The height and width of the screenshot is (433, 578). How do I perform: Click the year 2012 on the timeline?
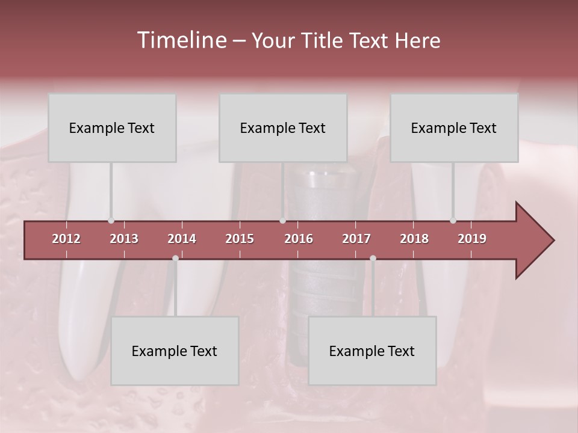click(x=66, y=239)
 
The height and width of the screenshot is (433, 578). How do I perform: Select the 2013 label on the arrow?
click(x=124, y=239)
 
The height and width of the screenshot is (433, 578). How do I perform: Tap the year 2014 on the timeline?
click(x=182, y=239)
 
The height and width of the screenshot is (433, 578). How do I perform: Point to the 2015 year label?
click(x=240, y=239)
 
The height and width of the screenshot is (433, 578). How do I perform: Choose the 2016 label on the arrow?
click(x=299, y=239)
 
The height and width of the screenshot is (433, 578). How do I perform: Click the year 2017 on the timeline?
click(x=356, y=239)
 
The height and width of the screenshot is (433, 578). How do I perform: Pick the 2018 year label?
click(x=414, y=239)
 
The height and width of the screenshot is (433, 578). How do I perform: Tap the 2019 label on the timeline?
click(x=472, y=239)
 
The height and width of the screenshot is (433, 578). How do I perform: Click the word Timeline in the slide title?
click(x=181, y=40)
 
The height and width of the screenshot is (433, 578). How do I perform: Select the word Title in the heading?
click(x=325, y=41)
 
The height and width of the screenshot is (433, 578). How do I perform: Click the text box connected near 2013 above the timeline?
click(x=112, y=128)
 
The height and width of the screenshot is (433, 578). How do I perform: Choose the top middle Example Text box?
click(x=283, y=128)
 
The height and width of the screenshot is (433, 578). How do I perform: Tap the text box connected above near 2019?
click(x=454, y=128)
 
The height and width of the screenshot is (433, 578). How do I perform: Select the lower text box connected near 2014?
click(x=175, y=351)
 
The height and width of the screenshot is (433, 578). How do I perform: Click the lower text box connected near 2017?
click(x=372, y=351)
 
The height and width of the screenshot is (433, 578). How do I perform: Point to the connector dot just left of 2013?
click(x=111, y=221)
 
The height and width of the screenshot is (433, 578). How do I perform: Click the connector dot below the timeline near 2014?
click(x=175, y=258)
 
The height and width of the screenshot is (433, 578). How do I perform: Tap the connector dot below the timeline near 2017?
click(x=373, y=258)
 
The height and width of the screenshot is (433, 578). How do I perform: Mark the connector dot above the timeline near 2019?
click(x=453, y=221)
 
